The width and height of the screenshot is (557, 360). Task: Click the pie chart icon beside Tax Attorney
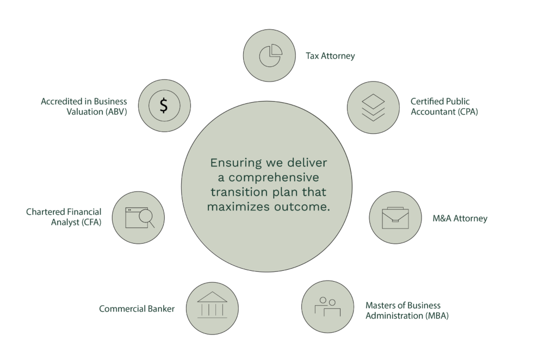click(x=270, y=55)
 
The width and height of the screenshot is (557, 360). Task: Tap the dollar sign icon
click(x=164, y=106)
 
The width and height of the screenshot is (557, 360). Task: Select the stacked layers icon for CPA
click(x=373, y=107)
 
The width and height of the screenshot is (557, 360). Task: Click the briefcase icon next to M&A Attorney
click(x=395, y=218)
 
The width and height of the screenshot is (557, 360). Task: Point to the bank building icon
click(x=212, y=305)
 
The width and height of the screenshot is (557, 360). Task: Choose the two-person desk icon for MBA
click(x=327, y=306)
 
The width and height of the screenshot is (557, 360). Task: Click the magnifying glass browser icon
click(x=140, y=218)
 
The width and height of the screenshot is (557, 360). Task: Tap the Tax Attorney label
click(x=330, y=56)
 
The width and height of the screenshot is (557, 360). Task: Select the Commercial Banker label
click(x=137, y=309)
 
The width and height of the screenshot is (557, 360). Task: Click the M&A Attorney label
click(x=460, y=219)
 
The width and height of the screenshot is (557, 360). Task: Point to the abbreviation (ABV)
click(x=116, y=112)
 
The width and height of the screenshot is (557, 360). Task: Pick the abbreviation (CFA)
click(x=91, y=222)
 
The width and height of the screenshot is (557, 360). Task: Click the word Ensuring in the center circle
click(x=236, y=163)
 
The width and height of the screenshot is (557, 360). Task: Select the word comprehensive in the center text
click(x=274, y=177)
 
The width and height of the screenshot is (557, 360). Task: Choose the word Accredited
click(x=62, y=102)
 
